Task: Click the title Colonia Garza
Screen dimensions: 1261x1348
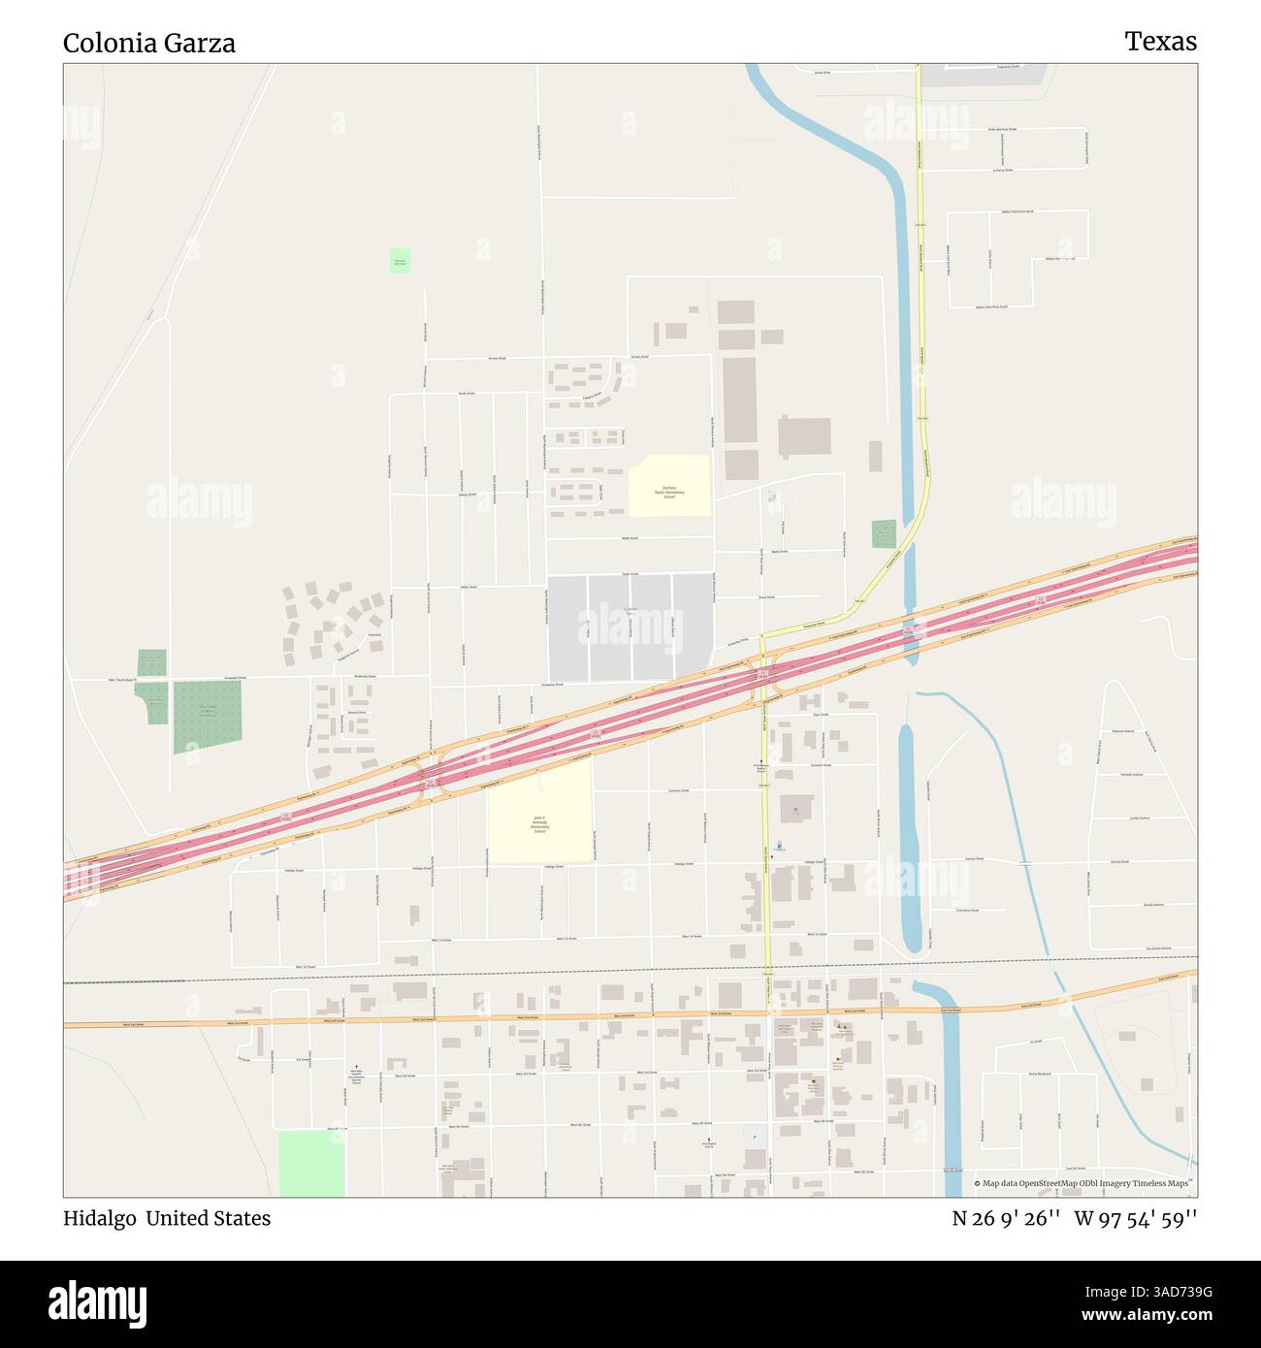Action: coord(149,43)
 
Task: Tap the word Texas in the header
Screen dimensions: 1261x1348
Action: coord(1160,42)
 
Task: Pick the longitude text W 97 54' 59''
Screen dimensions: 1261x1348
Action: coord(1135,1218)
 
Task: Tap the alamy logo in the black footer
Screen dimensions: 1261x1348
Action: coord(97,1303)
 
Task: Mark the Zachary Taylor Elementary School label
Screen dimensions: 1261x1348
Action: coord(668,492)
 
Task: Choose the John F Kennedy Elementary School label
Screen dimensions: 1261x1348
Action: coord(539,824)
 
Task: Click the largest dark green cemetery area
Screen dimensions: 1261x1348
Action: coord(207,716)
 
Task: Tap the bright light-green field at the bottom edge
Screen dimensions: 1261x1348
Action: coord(311,1163)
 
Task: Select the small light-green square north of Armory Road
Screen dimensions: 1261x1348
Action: coord(400,260)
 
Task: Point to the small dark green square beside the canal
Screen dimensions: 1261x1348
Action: coord(884,533)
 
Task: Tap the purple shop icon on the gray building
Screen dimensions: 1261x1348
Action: coord(796,808)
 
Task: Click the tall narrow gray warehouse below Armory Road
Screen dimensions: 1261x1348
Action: coord(739,399)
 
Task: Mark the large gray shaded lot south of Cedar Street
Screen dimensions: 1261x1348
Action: coord(630,627)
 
